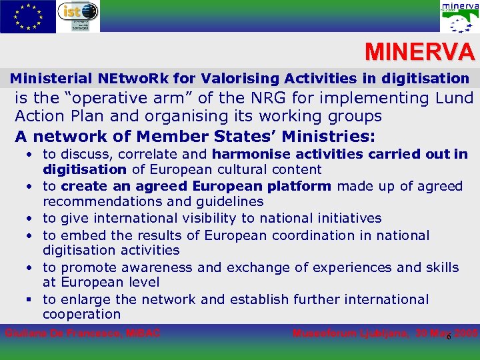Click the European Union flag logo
click(28, 16)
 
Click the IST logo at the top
click(78, 16)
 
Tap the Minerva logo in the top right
click(459, 17)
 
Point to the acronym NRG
click(262, 98)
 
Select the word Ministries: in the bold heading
click(329, 137)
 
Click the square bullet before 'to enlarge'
click(31, 299)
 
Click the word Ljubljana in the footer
click(381, 333)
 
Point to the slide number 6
click(449, 337)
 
